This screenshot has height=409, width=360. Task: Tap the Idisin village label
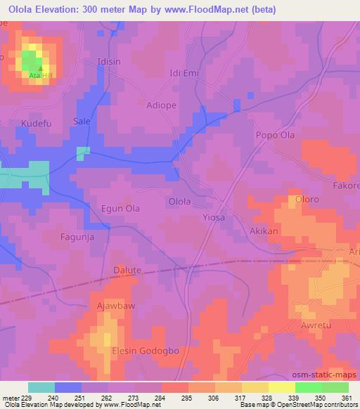(109, 61)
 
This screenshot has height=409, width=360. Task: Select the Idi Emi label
(186, 72)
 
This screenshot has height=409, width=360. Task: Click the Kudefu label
(37, 124)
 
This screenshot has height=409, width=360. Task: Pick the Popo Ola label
(275, 135)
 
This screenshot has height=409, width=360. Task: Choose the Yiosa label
(214, 218)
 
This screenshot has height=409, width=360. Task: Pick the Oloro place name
(307, 200)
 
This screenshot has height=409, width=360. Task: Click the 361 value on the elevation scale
(346, 398)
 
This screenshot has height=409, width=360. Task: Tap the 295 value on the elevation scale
(186, 398)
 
